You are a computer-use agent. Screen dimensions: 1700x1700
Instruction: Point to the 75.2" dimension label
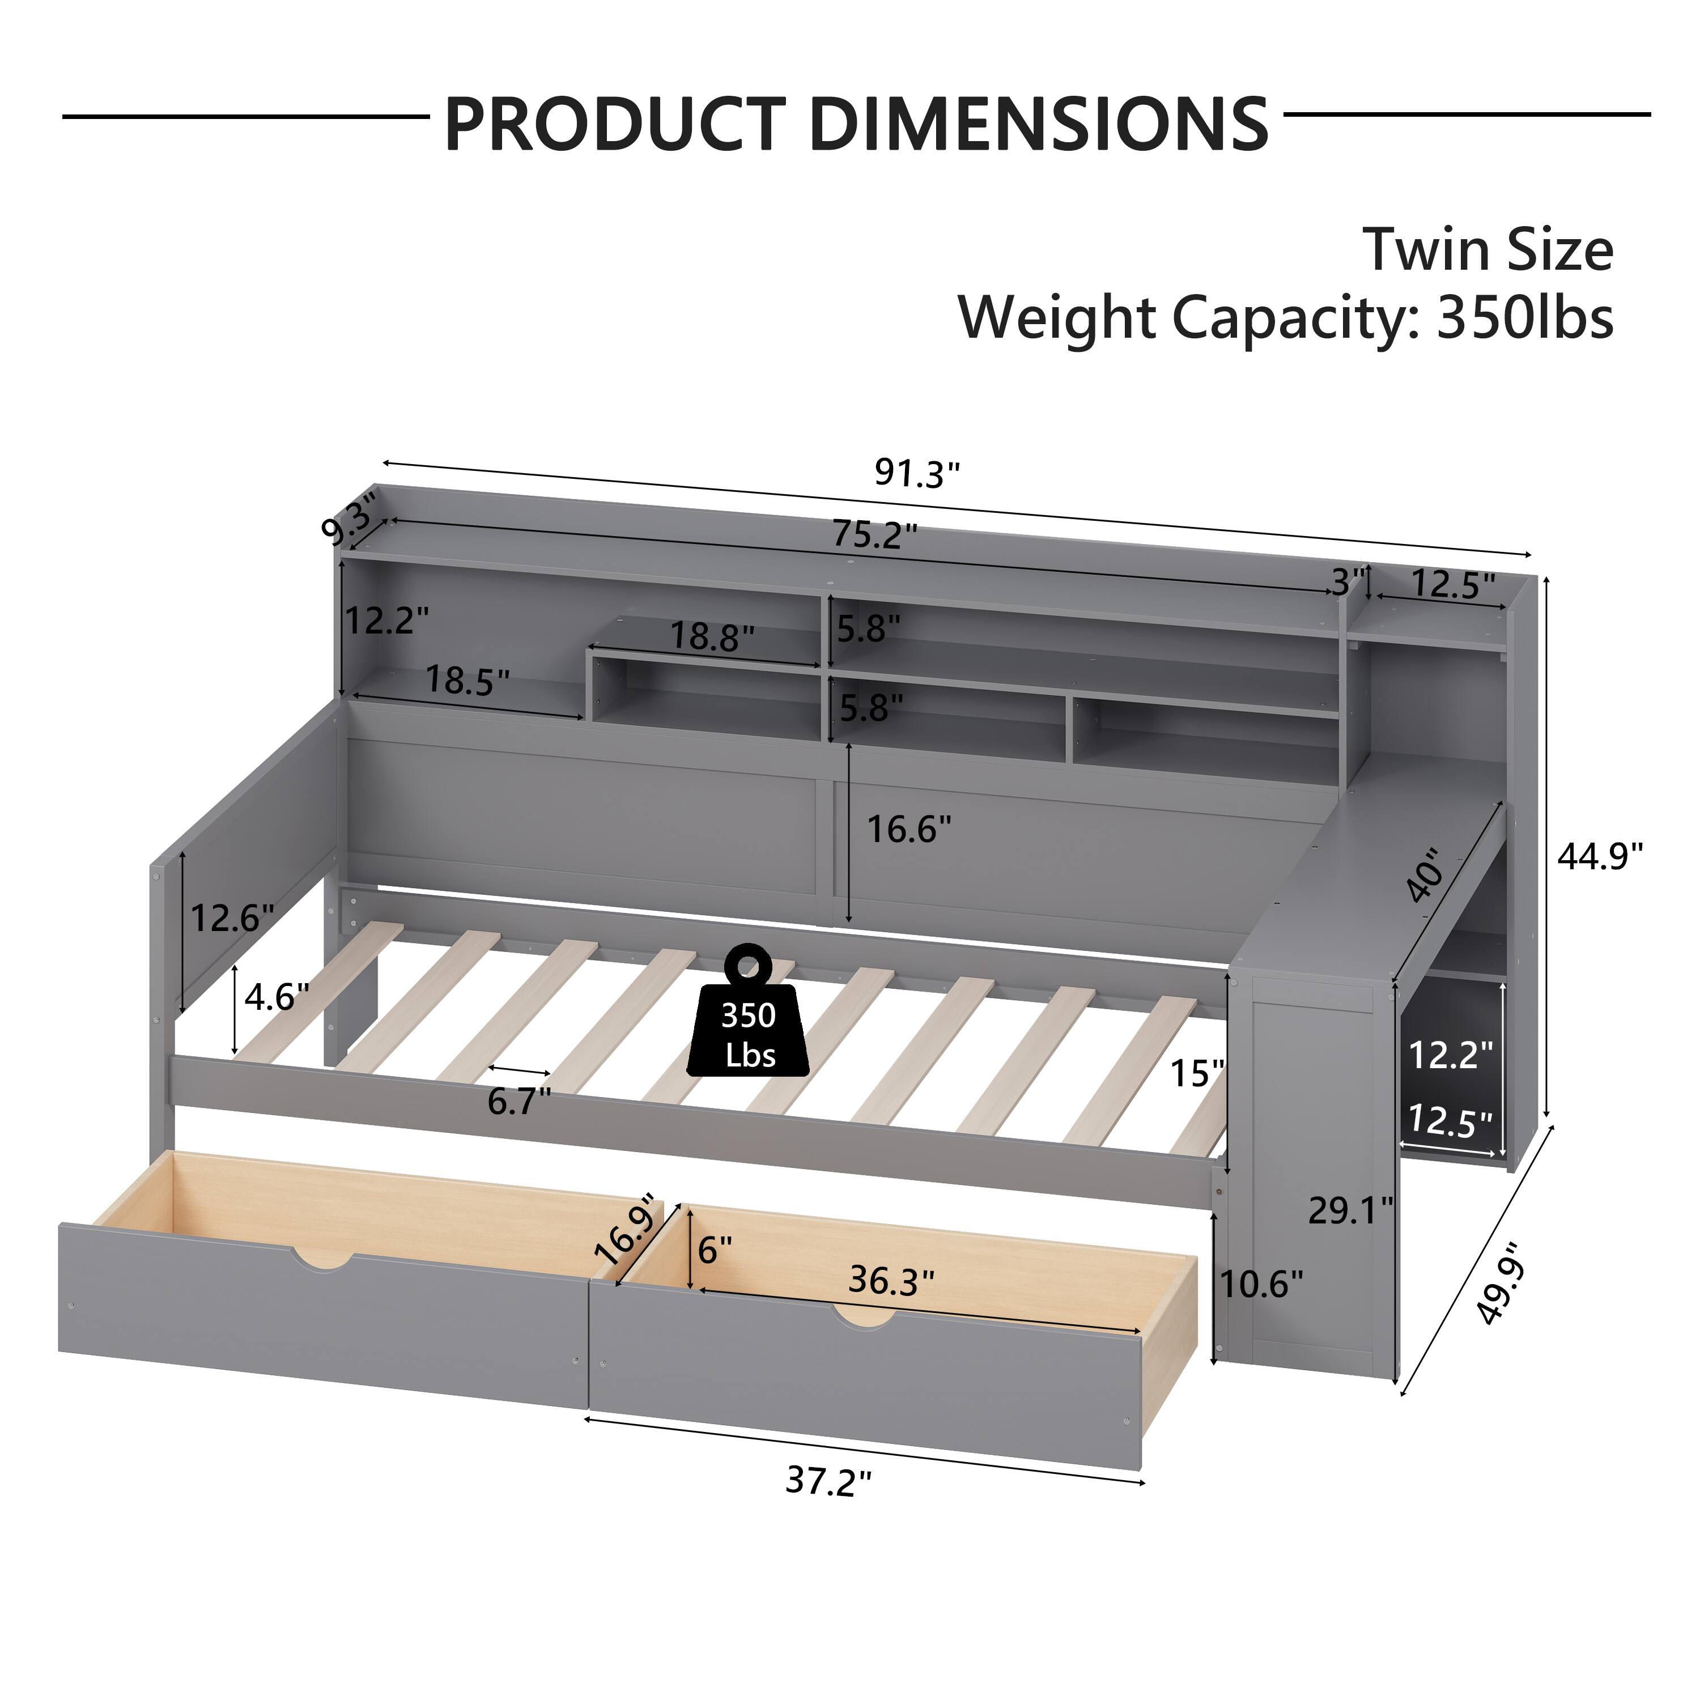click(874, 535)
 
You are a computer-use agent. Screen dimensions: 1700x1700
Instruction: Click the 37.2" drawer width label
click(828, 1482)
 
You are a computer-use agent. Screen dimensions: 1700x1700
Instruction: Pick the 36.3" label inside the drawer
click(890, 1281)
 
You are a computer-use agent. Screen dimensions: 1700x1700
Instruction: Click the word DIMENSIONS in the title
click(1038, 124)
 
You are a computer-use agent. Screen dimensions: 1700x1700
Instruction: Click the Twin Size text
click(1488, 250)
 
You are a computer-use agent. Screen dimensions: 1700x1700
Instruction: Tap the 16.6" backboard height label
click(909, 829)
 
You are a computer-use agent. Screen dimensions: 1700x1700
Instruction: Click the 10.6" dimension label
click(1261, 1285)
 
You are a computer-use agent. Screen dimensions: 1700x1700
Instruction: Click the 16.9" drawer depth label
click(627, 1229)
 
